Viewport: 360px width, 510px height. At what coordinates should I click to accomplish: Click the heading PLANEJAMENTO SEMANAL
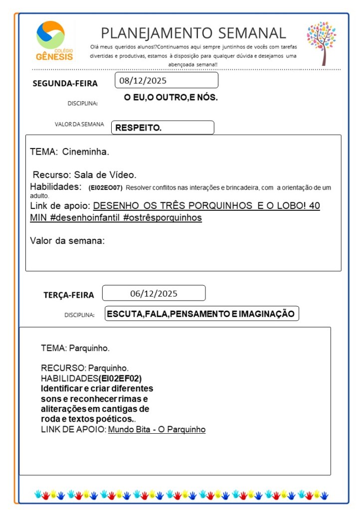point(193,33)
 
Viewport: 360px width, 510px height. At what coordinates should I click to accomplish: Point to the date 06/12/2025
point(154,293)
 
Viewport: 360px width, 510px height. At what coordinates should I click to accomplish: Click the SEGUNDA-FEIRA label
point(65,83)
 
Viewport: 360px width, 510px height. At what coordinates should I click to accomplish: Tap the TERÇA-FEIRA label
point(68,295)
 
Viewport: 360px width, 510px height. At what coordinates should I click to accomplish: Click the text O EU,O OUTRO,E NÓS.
point(171,97)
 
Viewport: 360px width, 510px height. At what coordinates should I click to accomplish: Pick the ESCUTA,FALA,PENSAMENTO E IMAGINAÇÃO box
point(201,314)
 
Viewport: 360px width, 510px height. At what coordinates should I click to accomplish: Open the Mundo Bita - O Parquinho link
point(157,429)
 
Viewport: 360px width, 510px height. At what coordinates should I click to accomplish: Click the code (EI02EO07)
point(105,188)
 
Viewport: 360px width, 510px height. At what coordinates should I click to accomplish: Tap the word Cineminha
point(86,151)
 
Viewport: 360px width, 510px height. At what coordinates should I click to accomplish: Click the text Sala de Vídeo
point(105,175)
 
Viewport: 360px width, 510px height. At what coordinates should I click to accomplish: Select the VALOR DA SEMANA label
point(79,124)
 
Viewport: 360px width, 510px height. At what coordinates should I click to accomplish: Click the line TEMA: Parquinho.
point(75,347)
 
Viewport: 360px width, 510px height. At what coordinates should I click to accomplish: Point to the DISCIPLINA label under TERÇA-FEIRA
point(79,315)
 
